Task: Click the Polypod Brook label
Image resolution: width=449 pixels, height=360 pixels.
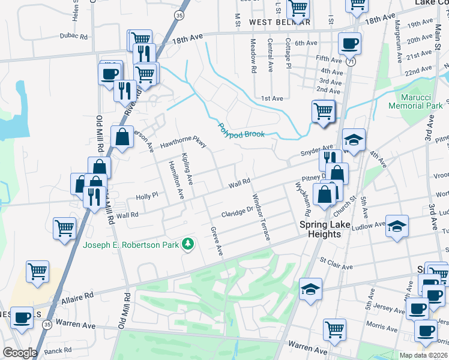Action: pyautogui.click(x=241, y=131)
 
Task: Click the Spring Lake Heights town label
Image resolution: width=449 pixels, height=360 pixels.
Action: pyautogui.click(x=324, y=229)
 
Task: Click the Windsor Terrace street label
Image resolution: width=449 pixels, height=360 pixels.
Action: pyautogui.click(x=261, y=217)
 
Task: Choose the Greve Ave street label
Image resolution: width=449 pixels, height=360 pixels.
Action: pyautogui.click(x=217, y=241)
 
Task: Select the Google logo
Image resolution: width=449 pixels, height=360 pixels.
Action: pyautogui.click(x=20, y=353)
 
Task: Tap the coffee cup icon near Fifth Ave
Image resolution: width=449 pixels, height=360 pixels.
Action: pyautogui.click(x=349, y=43)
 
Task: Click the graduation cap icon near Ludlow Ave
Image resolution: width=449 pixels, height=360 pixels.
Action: pyautogui.click(x=396, y=226)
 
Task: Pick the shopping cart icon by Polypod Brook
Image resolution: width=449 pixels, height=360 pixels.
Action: pyautogui.click(x=323, y=111)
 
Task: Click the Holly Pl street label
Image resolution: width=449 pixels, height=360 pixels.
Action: pyautogui.click(x=146, y=196)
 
